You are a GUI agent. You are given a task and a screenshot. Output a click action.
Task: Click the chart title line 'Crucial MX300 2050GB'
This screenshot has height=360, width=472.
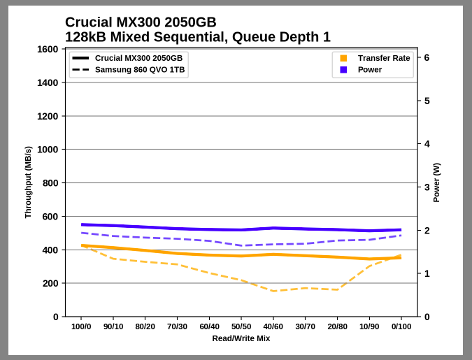(x=141, y=22)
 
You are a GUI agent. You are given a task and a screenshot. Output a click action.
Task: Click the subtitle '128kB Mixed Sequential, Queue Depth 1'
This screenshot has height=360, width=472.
(x=197, y=37)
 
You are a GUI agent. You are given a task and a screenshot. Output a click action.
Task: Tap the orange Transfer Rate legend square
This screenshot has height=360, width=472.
(x=343, y=58)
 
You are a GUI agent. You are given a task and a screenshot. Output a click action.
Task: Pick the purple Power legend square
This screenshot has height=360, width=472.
(x=343, y=70)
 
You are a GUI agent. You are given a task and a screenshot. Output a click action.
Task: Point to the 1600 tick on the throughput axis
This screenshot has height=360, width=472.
(x=47, y=49)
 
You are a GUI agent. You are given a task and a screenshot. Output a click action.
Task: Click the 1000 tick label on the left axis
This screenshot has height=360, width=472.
(x=47, y=150)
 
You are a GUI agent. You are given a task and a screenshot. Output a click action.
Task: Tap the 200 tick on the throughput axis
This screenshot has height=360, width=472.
(x=50, y=283)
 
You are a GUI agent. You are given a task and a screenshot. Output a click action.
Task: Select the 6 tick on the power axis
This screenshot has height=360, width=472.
(x=427, y=57)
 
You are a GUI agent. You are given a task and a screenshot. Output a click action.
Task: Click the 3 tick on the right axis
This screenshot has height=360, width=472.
(x=427, y=187)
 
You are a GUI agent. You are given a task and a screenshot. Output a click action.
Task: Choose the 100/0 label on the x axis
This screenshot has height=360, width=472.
(x=82, y=326)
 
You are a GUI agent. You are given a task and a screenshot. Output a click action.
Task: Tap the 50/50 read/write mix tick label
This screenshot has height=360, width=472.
(x=241, y=326)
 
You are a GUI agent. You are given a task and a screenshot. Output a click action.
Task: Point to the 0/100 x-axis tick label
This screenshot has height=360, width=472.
(x=401, y=326)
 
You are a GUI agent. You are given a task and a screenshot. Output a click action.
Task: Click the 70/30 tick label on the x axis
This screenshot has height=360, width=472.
(x=178, y=326)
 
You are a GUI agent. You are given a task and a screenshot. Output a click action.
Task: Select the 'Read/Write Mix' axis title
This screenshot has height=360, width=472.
(x=241, y=338)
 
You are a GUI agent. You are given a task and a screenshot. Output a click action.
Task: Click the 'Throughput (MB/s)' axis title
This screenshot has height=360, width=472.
(x=28, y=182)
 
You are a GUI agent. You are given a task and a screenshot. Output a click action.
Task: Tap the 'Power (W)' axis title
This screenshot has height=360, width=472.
(x=436, y=182)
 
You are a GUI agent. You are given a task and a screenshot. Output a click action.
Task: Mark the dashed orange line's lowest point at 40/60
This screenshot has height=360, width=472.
(x=273, y=291)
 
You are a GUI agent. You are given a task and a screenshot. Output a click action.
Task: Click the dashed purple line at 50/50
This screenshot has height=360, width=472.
(x=241, y=245)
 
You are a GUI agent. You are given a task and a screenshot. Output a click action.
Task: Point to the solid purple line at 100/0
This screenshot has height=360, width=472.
(x=82, y=224)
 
